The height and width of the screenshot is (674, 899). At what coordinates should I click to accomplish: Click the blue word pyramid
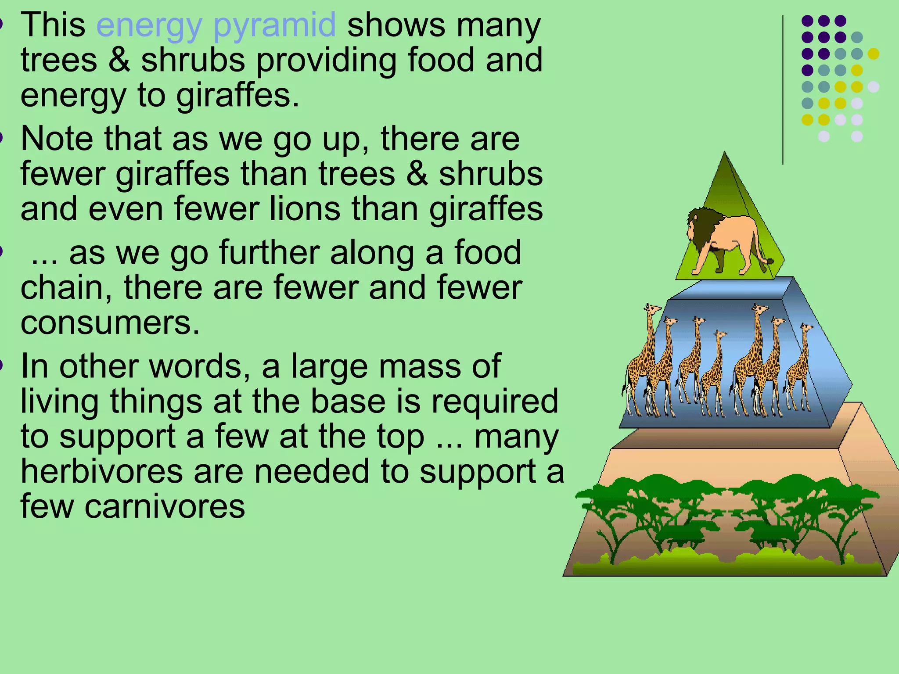pyautogui.click(x=274, y=25)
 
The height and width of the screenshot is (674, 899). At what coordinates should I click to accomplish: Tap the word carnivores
pyautogui.click(x=165, y=506)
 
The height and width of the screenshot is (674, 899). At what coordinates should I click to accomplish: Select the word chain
pyautogui.click(x=66, y=287)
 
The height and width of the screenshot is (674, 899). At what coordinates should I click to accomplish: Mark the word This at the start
pyautogui.click(x=53, y=25)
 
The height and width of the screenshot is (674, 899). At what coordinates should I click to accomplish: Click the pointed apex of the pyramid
pyautogui.click(x=724, y=154)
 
